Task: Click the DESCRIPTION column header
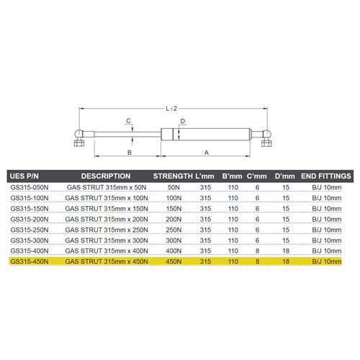tap(106, 175)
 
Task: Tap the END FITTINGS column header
tap(325, 175)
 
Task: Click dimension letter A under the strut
tap(206, 153)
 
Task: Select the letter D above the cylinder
tap(184, 120)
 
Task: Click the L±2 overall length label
tap(171, 108)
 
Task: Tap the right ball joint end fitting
tap(266, 136)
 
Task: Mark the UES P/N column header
tap(26, 175)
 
